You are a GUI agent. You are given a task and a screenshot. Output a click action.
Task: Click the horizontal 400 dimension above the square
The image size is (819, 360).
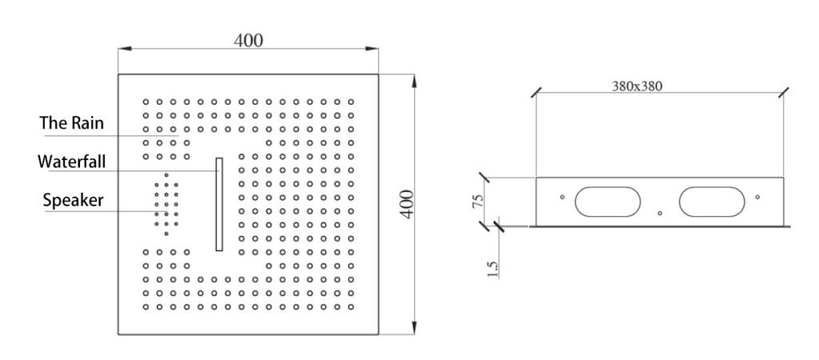point(248,40)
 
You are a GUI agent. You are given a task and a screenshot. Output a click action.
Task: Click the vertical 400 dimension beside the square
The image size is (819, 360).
point(406,204)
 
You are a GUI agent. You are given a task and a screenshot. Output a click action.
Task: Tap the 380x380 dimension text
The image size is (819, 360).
point(637,86)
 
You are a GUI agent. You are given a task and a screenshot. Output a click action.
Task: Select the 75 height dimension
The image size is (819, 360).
point(477,202)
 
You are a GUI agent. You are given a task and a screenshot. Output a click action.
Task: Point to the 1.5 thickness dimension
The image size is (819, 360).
point(493,270)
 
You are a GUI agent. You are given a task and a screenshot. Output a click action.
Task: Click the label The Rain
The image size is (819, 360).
point(72,123)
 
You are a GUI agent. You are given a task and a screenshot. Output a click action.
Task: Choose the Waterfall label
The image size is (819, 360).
point(71,162)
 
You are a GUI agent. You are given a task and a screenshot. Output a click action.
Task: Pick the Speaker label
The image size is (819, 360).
point(73,200)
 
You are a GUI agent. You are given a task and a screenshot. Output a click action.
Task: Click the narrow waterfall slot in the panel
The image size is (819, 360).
point(219,204)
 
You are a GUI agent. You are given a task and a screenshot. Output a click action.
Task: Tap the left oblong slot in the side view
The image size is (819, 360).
point(608,202)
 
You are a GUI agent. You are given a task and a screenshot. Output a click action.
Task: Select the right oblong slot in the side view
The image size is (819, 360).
point(711,202)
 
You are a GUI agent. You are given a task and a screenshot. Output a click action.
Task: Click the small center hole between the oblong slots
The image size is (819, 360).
point(660,213)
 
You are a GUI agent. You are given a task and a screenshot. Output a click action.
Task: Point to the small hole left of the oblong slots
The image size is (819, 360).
point(562,197)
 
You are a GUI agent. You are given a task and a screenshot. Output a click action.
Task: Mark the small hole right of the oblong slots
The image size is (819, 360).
point(757,197)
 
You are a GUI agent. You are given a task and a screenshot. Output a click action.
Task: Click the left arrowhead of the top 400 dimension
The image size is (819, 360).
point(124,49)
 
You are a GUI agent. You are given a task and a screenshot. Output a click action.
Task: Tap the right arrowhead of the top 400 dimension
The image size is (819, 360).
point(372,49)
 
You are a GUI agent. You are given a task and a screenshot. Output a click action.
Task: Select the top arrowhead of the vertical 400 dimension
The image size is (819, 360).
point(414,81)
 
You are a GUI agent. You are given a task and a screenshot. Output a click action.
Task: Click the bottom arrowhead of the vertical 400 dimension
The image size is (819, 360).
point(414,328)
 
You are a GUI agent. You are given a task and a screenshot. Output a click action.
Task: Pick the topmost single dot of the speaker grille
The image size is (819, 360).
point(166,175)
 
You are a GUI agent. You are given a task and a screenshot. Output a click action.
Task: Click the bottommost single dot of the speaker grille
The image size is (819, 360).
point(166,234)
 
